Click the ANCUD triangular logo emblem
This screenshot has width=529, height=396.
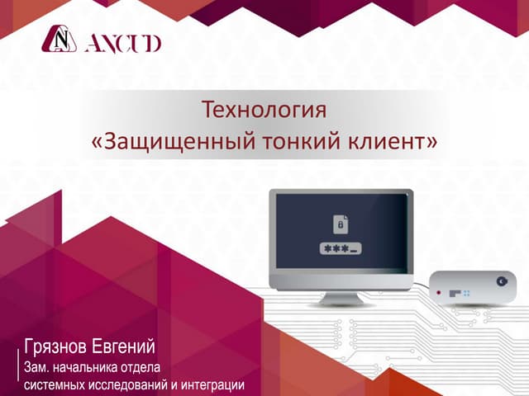(59, 39)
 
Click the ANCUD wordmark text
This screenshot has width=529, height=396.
(123, 44)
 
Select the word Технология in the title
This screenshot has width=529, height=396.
(264, 110)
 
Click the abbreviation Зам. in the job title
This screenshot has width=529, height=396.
(36, 367)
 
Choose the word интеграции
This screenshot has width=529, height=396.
(212, 384)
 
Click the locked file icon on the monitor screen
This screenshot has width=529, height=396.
(341, 224)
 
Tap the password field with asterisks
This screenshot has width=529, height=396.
(341, 249)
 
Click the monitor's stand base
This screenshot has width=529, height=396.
(341, 299)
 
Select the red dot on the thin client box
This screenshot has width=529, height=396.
(439, 292)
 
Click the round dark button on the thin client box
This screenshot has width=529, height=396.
(502, 281)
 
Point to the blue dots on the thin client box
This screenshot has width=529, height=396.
(466, 294)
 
